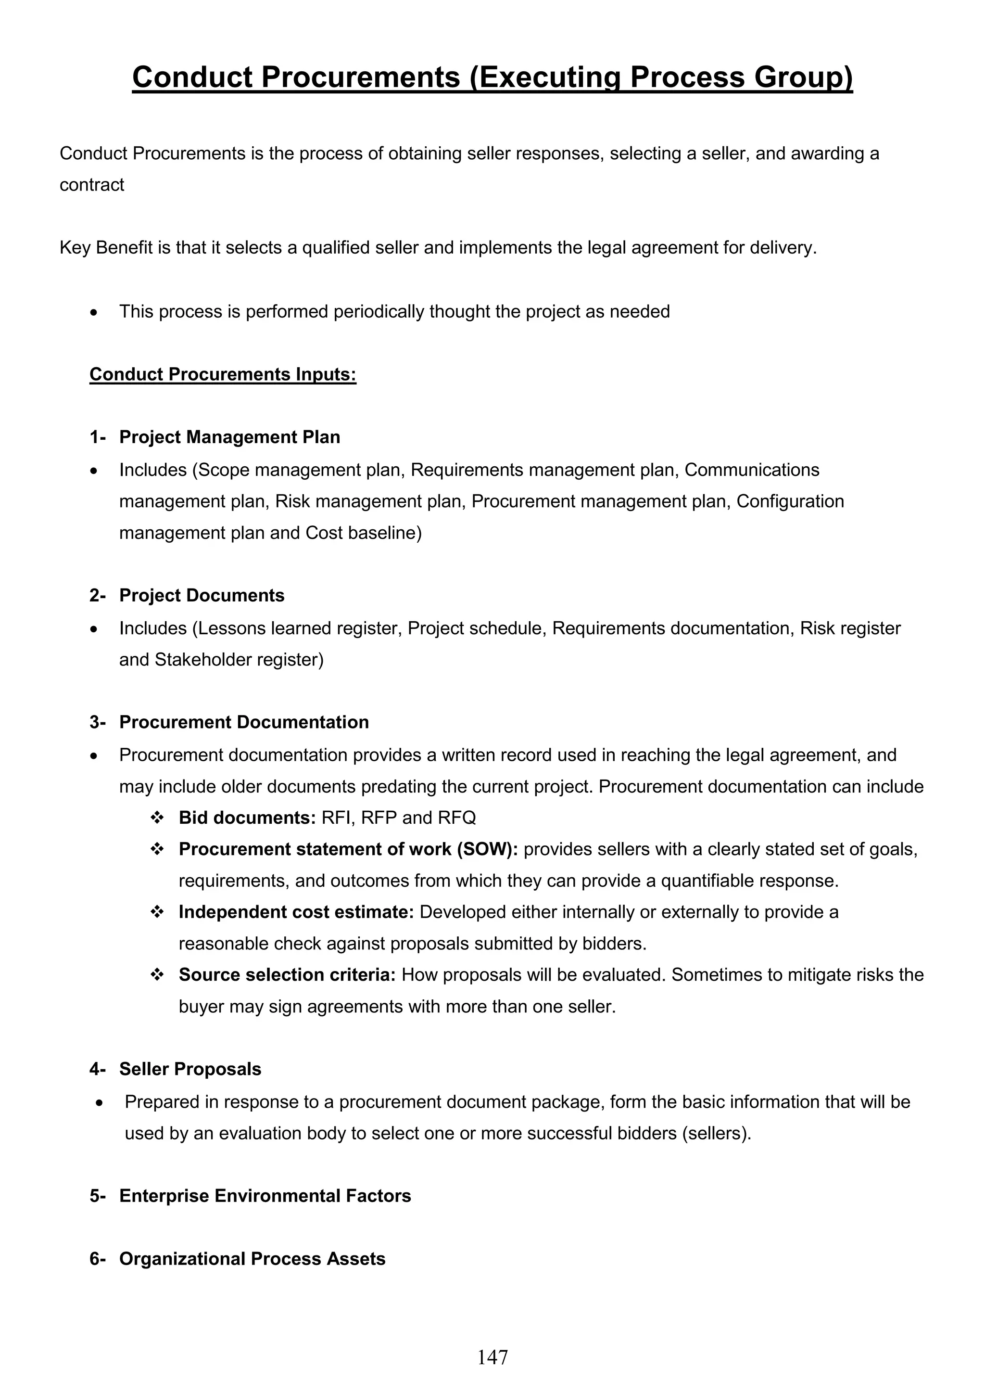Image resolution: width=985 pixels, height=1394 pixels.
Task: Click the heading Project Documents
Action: coord(202,596)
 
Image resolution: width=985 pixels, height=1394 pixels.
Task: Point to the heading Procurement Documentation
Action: coord(244,722)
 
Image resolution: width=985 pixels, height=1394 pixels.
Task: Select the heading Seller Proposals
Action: coord(190,1069)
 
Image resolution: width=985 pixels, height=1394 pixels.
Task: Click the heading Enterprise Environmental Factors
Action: coord(265,1196)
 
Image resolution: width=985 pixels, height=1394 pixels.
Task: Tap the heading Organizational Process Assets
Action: coord(252,1259)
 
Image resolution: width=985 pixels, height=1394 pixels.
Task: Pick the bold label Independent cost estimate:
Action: coord(296,912)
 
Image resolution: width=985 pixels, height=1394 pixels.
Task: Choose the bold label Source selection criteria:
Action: coord(287,975)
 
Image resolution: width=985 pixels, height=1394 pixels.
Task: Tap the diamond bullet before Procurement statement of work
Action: coord(157,849)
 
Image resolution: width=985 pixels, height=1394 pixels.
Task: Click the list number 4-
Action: coord(98,1069)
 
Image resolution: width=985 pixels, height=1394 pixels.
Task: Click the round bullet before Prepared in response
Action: coord(98,1102)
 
